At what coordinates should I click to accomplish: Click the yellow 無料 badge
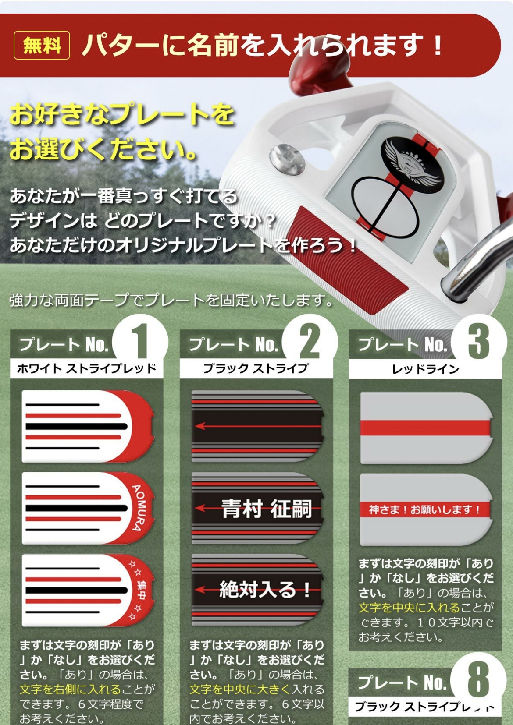[42, 45]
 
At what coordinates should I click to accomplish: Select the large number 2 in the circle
[310, 342]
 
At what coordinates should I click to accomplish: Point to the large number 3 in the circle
[479, 342]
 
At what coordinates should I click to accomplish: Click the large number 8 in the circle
[478, 679]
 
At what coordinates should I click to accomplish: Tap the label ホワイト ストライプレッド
[86, 368]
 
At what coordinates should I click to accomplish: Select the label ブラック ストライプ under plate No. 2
[256, 368]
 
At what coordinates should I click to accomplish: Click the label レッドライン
[425, 369]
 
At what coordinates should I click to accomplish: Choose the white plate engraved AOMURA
[88, 508]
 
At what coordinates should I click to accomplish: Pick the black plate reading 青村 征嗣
[257, 508]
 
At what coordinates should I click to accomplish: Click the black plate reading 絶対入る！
[257, 590]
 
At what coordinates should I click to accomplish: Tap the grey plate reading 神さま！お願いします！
[425, 509]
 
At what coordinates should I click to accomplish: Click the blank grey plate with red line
[425, 428]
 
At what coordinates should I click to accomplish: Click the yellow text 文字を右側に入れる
[70, 689]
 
